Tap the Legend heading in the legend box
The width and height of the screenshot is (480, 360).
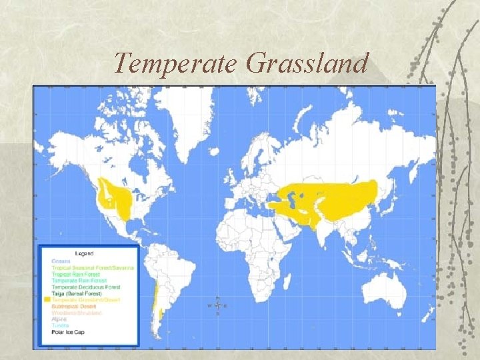tap(84, 253)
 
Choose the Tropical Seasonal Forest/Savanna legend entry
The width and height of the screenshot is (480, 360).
tap(93, 268)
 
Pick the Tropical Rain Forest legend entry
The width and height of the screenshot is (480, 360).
tap(75, 274)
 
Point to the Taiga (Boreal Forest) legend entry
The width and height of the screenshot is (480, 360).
tap(77, 293)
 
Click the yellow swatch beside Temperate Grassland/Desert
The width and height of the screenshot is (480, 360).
tap(47, 299)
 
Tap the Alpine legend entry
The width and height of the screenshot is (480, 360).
tap(59, 319)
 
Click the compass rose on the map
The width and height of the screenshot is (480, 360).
tap(218, 305)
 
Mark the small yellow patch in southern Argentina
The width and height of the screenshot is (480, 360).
tap(161, 312)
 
